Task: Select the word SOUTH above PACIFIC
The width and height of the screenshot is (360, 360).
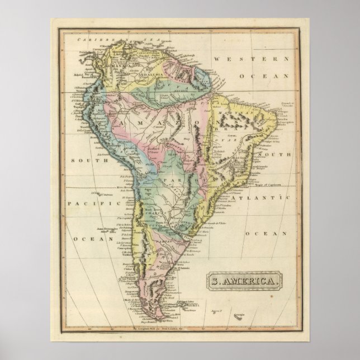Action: pyautogui.click(x=81, y=160)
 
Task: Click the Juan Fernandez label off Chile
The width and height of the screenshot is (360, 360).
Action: pyautogui.click(x=104, y=229)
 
